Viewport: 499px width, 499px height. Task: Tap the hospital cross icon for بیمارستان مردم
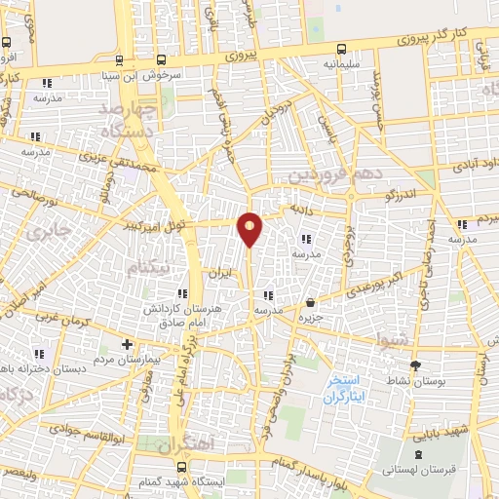pyautogui.click(x=126, y=344)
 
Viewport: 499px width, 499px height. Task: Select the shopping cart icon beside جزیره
pyautogui.click(x=310, y=302)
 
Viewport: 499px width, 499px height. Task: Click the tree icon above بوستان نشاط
pyautogui.click(x=417, y=365)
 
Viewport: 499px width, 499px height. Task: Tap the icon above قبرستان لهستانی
pyautogui.click(x=419, y=455)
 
